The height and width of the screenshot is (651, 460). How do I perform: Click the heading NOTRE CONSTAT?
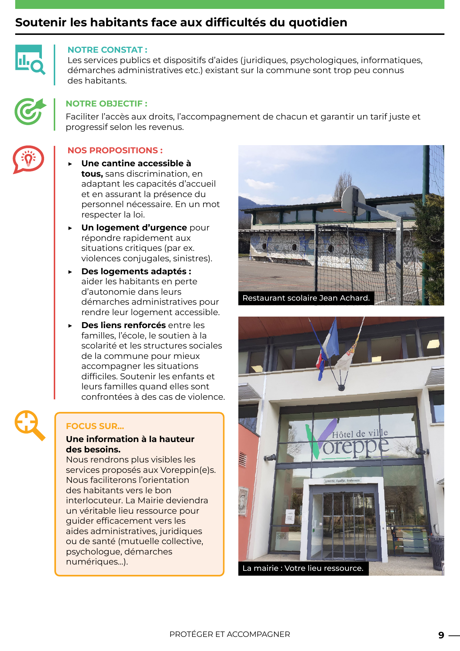[x=107, y=50]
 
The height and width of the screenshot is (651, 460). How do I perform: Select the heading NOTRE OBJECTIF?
[x=106, y=104]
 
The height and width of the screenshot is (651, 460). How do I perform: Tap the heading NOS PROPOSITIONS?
[x=115, y=150]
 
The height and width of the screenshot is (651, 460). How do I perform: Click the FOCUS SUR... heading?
[x=95, y=426]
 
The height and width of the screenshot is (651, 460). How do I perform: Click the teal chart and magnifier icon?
[x=30, y=59]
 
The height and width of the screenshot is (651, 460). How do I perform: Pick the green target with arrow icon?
[x=30, y=111]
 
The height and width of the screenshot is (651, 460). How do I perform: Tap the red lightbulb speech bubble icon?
[x=29, y=159]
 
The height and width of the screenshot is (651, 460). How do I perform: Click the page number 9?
[x=441, y=635]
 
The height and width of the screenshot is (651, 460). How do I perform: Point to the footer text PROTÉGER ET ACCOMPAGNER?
[x=230, y=634]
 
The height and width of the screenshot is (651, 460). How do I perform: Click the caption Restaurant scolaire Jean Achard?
[x=306, y=298]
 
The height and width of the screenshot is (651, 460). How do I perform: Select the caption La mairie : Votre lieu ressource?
[x=303, y=568]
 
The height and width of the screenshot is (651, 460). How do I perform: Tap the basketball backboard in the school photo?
[x=354, y=200]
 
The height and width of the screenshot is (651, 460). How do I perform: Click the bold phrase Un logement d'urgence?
[x=134, y=228]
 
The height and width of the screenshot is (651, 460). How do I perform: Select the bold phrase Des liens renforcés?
[x=123, y=325]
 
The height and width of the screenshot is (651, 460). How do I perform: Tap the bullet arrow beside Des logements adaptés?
[x=70, y=272]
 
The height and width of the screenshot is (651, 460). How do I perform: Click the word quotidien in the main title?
[x=318, y=22]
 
